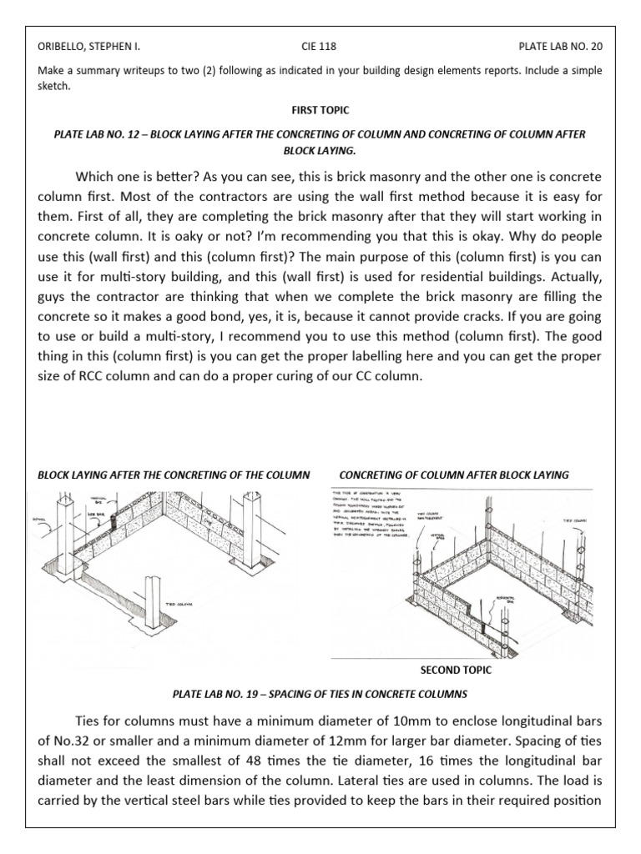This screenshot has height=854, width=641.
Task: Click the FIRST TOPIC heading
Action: (320, 108)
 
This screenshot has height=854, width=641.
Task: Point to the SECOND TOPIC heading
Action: (456, 669)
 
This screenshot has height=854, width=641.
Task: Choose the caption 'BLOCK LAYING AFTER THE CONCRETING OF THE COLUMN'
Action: (174, 475)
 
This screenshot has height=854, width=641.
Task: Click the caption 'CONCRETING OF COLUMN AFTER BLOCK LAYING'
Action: (454, 475)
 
